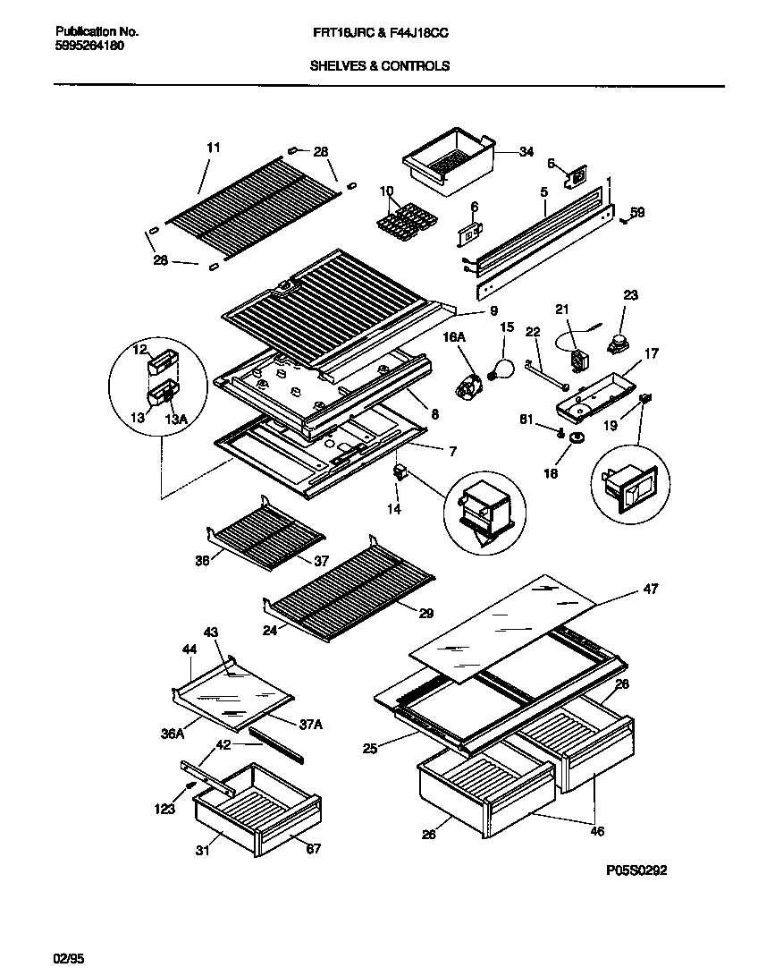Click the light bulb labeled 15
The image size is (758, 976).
(x=501, y=368)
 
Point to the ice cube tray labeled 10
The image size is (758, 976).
(x=400, y=220)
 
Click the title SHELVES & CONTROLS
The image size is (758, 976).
(x=380, y=65)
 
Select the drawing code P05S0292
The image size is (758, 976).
(x=636, y=870)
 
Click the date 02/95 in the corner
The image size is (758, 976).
(x=67, y=959)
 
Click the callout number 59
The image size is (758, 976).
(x=637, y=213)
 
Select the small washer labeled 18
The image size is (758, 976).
(x=576, y=437)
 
